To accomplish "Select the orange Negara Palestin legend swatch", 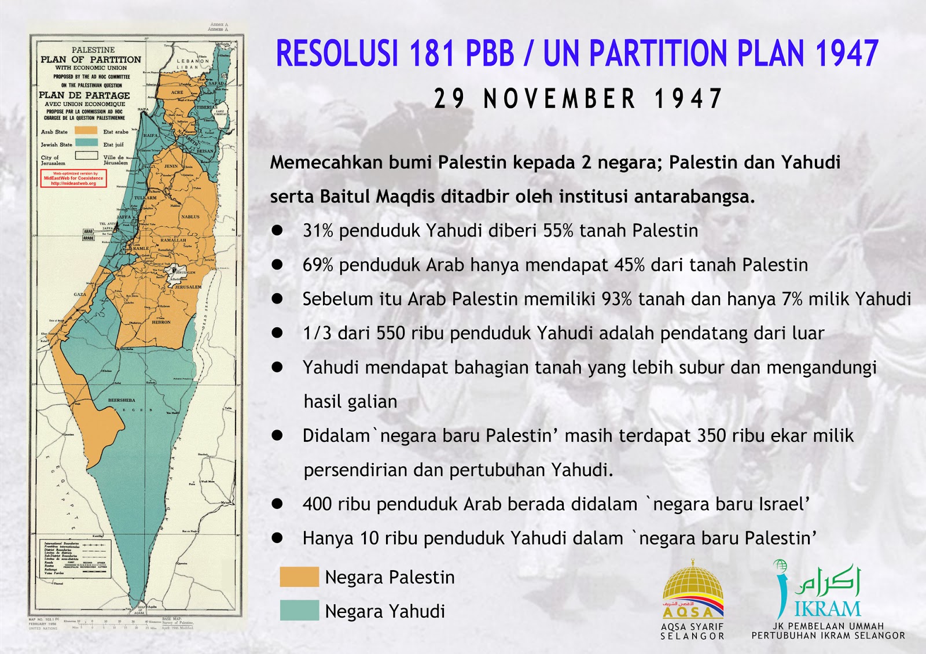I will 299,577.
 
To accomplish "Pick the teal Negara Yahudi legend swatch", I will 299,611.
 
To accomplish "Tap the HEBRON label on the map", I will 161,322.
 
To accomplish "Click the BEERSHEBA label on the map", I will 122,400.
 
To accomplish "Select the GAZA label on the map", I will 80,294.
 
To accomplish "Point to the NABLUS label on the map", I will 190,217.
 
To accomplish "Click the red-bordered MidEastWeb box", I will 74,178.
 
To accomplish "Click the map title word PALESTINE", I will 93,50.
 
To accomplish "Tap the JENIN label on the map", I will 171,166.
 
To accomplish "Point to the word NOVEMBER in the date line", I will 560,99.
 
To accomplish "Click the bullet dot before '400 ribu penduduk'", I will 277,504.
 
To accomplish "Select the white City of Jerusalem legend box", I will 86,156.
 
